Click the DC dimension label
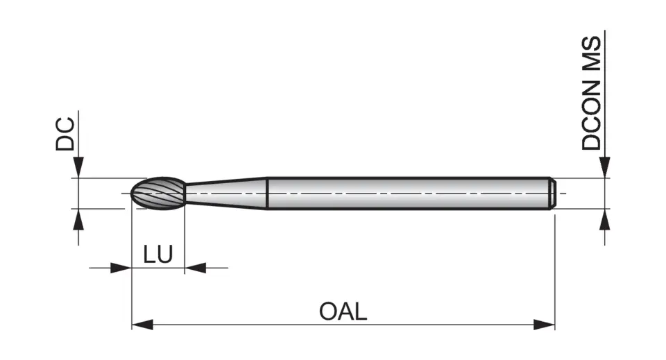point(65,135)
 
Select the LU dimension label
point(158,255)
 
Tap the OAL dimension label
point(343,311)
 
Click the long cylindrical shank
point(409,193)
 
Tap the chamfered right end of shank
point(552,193)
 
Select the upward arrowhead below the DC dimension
point(78,218)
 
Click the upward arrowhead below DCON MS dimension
point(605,218)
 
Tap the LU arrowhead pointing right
point(121,268)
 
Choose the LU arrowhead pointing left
point(196,268)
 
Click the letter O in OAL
point(328,311)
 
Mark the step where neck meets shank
point(268,193)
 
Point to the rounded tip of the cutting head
point(133,193)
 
